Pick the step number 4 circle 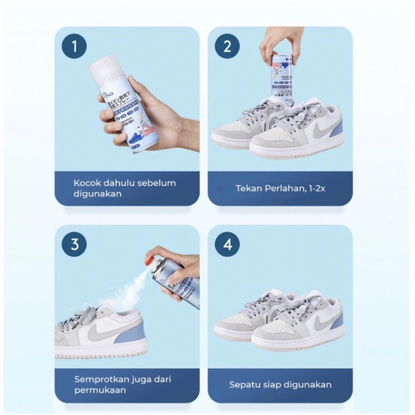pyautogui.click(x=227, y=244)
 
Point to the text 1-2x pyautogui.click(x=315, y=188)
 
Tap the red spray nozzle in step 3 pyautogui.click(x=151, y=256)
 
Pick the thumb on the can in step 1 pyautogui.click(x=136, y=86)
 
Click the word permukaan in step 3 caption pyautogui.click(x=100, y=390)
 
